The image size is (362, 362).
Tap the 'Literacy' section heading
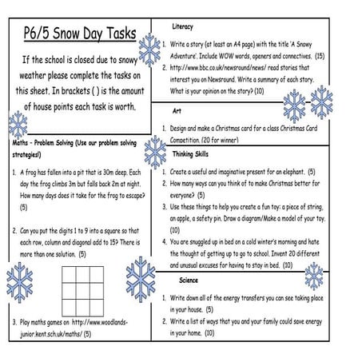coord(182,26)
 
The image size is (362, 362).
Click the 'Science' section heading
coord(189,280)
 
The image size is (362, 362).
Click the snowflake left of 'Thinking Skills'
coord(154,152)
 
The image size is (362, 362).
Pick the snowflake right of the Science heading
coord(314,276)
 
